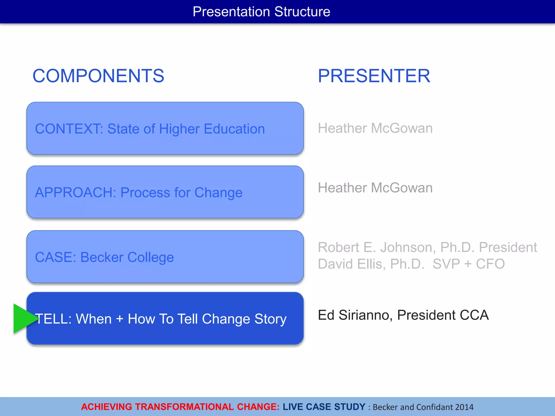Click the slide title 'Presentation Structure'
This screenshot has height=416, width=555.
click(x=261, y=12)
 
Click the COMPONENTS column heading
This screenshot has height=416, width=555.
click(x=98, y=76)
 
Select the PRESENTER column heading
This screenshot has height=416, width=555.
click(x=374, y=76)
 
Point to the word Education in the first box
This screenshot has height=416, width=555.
click(x=234, y=129)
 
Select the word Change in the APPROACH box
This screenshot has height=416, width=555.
click(x=218, y=193)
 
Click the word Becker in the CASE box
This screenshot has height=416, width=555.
click(x=102, y=257)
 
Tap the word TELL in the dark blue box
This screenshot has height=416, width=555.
click(x=53, y=319)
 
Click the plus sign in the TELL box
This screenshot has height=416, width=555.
click(x=120, y=319)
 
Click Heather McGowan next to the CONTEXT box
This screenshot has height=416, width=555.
click(x=375, y=128)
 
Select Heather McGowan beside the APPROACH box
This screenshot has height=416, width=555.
click(x=375, y=188)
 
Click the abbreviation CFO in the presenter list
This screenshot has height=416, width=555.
click(x=490, y=264)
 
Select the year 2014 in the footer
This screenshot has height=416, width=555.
click(x=464, y=407)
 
